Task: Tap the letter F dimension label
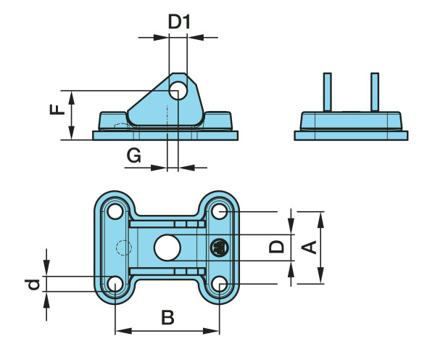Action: coord(57,110)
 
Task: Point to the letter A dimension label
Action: coord(310,247)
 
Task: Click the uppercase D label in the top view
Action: coord(276,247)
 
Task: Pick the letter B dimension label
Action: coord(167,317)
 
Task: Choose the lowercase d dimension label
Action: coord(33,284)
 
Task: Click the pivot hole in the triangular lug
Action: coord(178,91)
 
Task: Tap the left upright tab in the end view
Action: coord(328,91)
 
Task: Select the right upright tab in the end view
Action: coord(375,91)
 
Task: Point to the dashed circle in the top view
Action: coord(121,247)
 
